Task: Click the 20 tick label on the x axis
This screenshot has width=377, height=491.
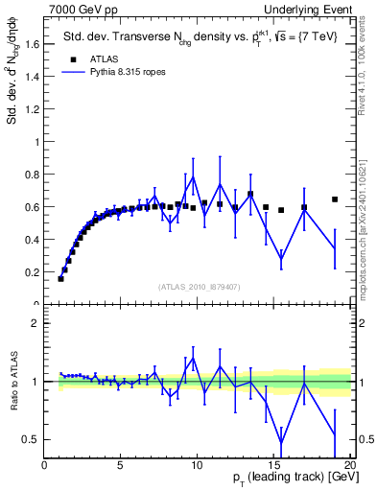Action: click(x=348, y=467)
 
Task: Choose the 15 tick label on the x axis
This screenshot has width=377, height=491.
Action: click(x=272, y=467)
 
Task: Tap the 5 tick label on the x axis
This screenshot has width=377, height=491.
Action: click(x=121, y=467)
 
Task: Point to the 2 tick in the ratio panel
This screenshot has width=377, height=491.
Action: click(x=35, y=323)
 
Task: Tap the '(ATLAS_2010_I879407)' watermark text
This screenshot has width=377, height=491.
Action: click(x=198, y=286)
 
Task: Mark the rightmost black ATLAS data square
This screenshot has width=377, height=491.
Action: click(x=335, y=199)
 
